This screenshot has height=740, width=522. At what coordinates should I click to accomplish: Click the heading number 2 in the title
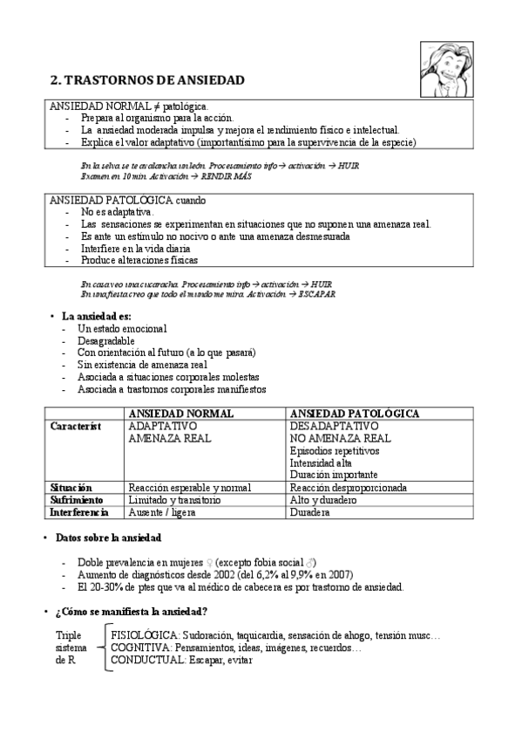[x=54, y=80]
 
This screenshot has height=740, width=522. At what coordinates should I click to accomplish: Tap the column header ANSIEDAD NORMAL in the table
[x=180, y=413]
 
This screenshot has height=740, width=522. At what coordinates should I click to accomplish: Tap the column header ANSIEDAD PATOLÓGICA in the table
[x=355, y=413]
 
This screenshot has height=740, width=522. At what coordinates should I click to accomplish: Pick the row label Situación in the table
[x=71, y=488]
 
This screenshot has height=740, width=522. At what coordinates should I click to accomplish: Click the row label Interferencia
[x=79, y=513]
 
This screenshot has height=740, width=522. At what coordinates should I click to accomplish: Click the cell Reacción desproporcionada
[x=349, y=488]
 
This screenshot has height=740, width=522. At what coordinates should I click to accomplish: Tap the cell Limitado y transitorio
[x=174, y=500]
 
